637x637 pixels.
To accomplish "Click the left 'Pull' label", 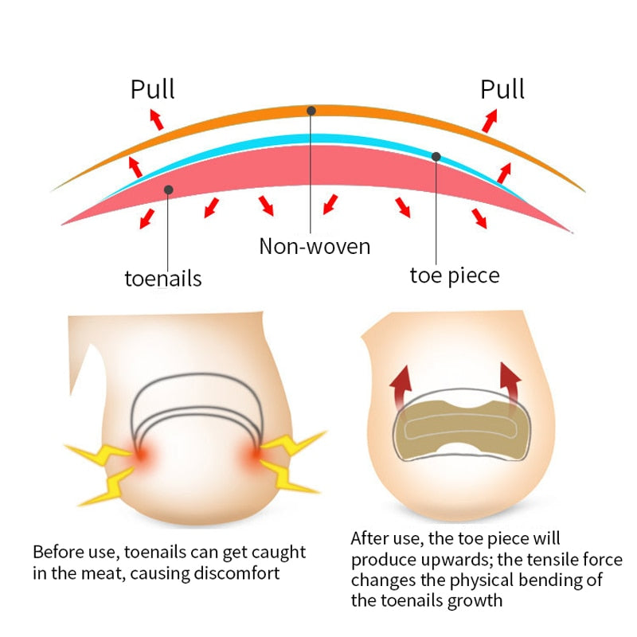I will (153, 89).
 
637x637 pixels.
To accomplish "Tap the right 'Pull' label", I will (502, 89).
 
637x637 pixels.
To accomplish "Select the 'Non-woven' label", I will (315, 245).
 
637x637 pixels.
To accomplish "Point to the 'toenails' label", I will (163, 279).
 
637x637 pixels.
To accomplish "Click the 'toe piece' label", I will (455, 276).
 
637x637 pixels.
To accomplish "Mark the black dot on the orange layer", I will (311, 111).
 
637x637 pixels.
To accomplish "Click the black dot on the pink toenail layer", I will (168, 190).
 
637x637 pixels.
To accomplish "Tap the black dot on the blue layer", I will (436, 156).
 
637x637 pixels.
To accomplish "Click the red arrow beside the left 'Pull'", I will (155, 119).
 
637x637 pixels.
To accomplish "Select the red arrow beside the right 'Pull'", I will (489, 119).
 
